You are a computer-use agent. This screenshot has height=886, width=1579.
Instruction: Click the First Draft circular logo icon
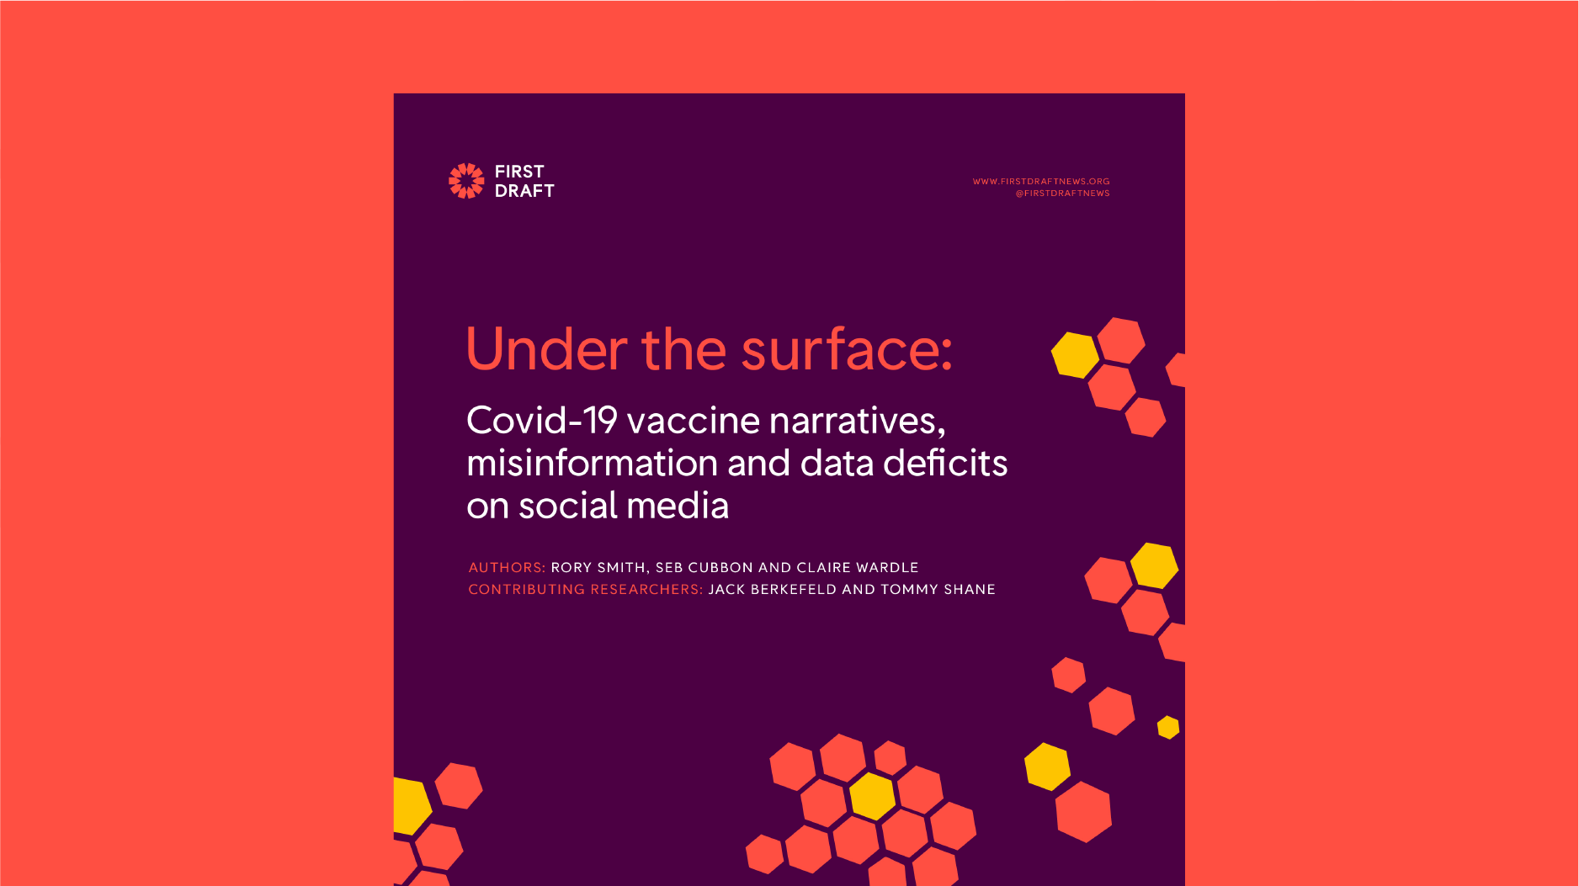coord(466,181)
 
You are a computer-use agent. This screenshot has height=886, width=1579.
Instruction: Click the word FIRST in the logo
coord(519,172)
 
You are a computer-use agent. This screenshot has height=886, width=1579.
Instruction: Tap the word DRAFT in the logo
coord(524,191)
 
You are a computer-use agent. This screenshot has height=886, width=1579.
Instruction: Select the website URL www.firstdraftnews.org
coord(1041,181)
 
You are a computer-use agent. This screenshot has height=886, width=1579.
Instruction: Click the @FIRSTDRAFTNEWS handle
coord(1062,194)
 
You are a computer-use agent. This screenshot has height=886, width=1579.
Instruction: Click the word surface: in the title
coord(846,348)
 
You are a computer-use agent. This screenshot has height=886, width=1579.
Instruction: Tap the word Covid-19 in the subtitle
coord(542,421)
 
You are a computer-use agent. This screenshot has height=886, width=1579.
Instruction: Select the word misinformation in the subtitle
coord(593,463)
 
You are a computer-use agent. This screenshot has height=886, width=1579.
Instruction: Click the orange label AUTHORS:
coord(508,568)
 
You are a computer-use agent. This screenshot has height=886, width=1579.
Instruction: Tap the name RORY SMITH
coord(598,568)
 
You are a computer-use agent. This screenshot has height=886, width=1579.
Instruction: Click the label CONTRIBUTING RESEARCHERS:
coord(586,590)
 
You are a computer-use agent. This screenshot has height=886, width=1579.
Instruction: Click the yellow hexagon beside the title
coord(1076,355)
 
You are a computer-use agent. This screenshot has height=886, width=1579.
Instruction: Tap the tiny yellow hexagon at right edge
coord(1168,727)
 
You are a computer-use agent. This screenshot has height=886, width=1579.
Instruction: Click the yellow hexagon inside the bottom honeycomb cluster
coord(872,796)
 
